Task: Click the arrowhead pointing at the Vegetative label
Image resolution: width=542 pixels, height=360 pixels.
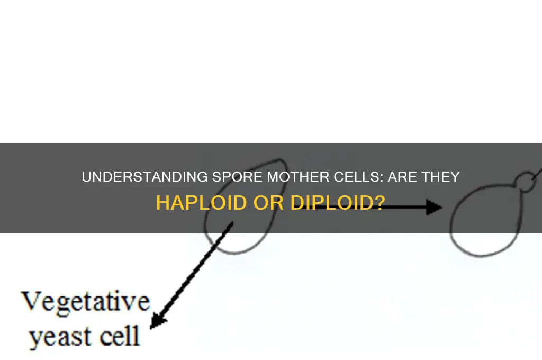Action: pyautogui.click(x=157, y=321)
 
